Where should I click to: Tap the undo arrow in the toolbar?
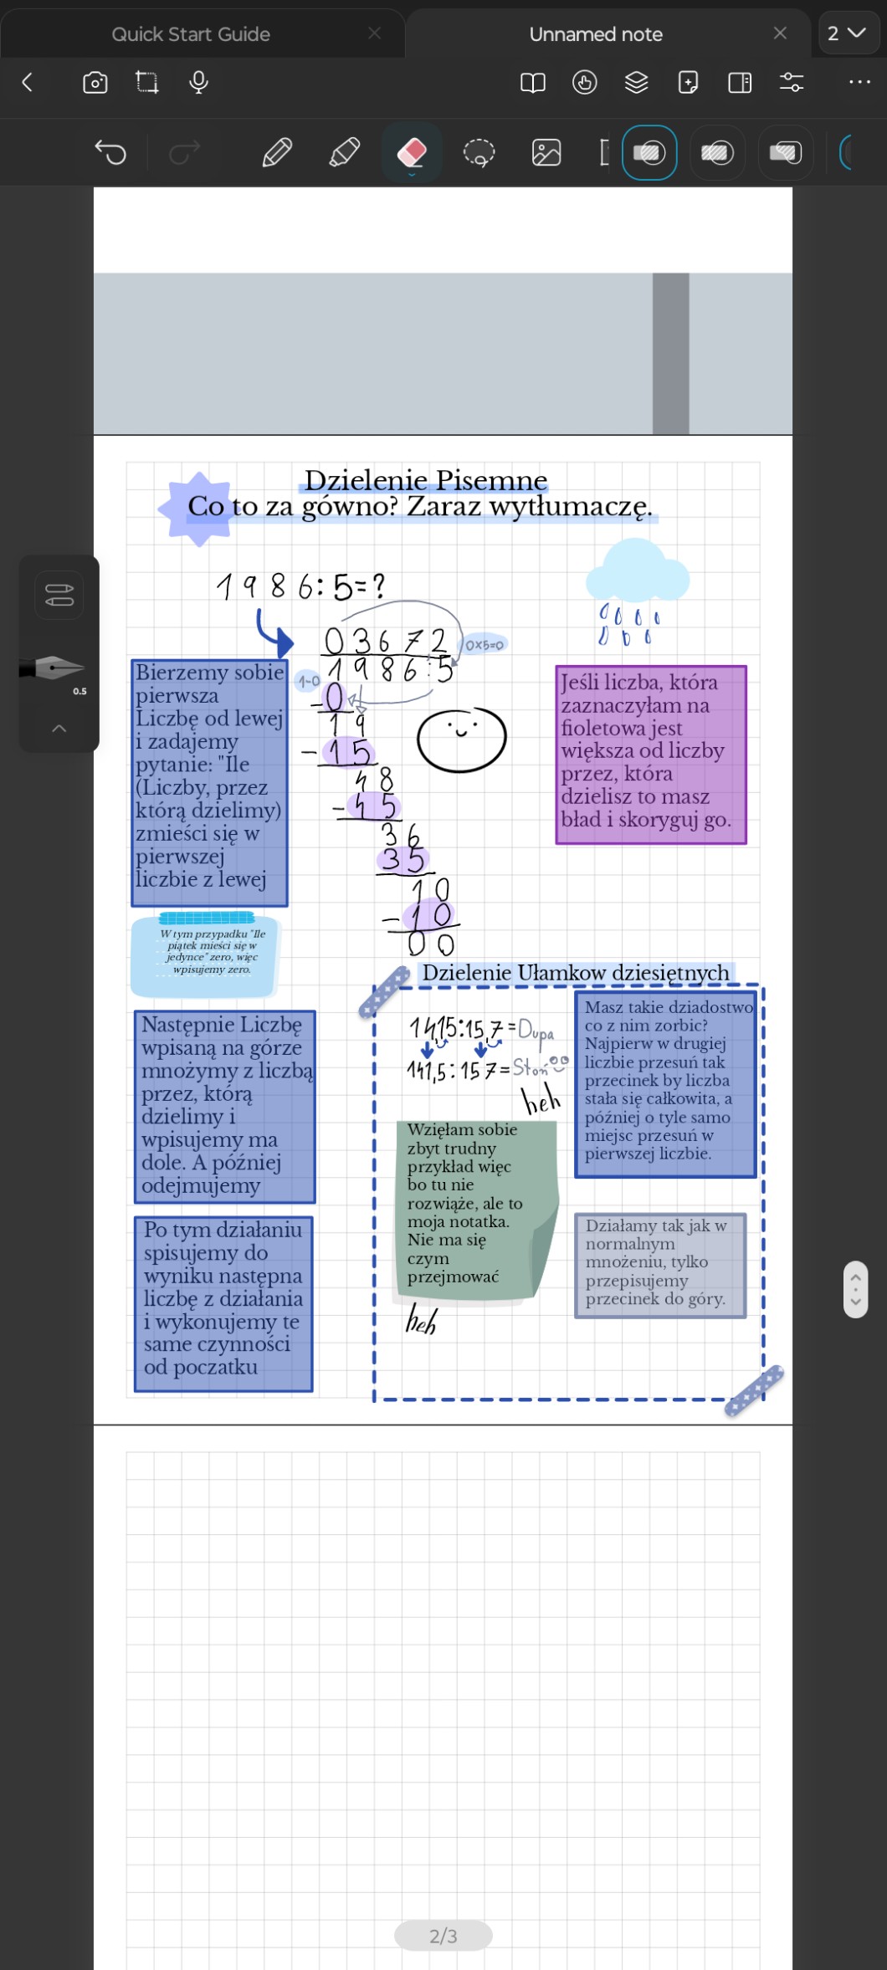pyautogui.click(x=110, y=152)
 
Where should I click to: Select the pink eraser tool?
pyautogui.click(x=412, y=152)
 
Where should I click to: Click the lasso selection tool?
pyautogui.click(x=479, y=152)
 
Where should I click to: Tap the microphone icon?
pyautogui.click(x=198, y=82)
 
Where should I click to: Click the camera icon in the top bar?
pyautogui.click(x=95, y=82)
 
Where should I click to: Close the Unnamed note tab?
pyautogui.click(x=780, y=33)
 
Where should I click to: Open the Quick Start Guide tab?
pyautogui.click(x=191, y=34)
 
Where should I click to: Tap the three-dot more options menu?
pyautogui.click(x=859, y=82)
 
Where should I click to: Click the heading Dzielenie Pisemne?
pyautogui.click(x=425, y=480)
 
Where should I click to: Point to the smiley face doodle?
pyautogui.click(x=461, y=739)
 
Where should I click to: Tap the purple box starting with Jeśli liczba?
pyautogui.click(x=651, y=755)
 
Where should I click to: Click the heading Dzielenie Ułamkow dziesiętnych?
pyautogui.click(x=576, y=973)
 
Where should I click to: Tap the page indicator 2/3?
pyautogui.click(x=443, y=1936)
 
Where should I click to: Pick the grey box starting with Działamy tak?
pyautogui.click(x=660, y=1265)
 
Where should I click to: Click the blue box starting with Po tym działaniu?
pyautogui.click(x=223, y=1303)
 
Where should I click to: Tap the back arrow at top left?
pyautogui.click(x=28, y=82)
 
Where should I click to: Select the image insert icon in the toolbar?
pyautogui.click(x=546, y=152)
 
